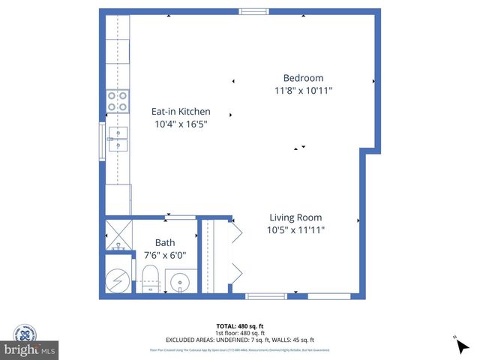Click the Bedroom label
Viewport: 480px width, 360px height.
tap(303, 78)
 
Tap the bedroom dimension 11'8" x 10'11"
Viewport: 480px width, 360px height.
tap(303, 90)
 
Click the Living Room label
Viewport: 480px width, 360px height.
tap(295, 217)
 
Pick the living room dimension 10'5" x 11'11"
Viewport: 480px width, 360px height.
tap(295, 230)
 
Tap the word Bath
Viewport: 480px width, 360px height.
tap(165, 243)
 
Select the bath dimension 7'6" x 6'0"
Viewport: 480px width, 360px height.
tap(165, 255)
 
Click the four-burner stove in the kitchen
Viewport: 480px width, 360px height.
tap(116, 100)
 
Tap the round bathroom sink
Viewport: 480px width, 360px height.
tap(180, 283)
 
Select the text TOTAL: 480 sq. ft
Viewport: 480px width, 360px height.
tap(239, 325)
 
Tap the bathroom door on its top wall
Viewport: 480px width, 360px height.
tap(180, 217)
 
